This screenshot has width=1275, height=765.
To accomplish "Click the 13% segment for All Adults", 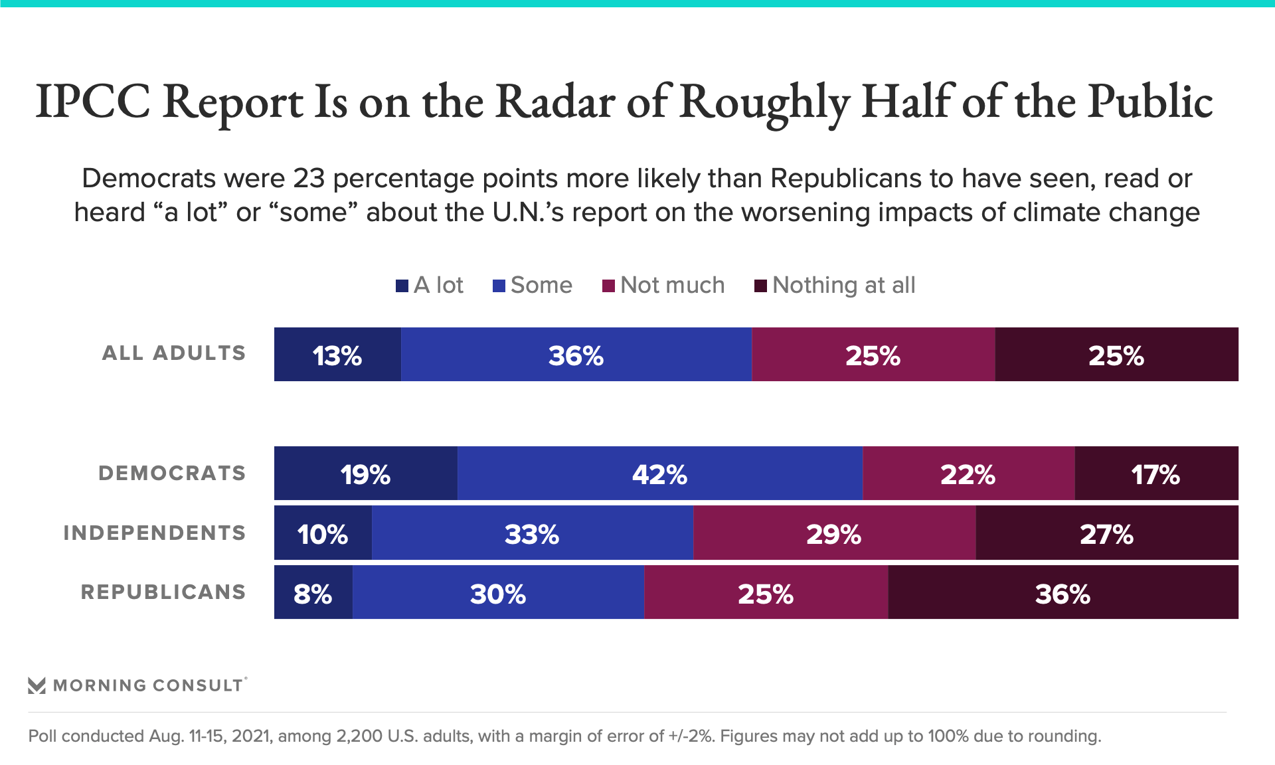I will click(337, 355).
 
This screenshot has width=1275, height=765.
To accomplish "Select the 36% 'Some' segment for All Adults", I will click(576, 355).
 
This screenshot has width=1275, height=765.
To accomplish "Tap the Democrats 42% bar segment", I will click(659, 473).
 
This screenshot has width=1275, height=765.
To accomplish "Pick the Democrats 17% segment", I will click(1156, 473).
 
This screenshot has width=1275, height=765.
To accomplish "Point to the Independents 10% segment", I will click(323, 533).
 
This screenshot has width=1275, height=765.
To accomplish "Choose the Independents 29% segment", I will click(834, 533).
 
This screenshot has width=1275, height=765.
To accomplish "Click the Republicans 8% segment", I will click(313, 592).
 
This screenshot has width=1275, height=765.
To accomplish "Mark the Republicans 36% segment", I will click(1062, 592).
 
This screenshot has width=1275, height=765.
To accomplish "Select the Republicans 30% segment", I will click(498, 592).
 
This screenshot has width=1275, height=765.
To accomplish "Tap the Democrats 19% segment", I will click(365, 473).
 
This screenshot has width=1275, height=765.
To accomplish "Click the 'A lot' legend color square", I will click(402, 286).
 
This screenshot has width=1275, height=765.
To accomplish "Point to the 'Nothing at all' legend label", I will click(843, 286).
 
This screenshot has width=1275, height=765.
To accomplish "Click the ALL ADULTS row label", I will click(174, 353).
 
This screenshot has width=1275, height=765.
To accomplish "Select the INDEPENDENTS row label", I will click(155, 533).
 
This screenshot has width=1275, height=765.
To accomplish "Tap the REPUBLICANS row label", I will click(163, 592).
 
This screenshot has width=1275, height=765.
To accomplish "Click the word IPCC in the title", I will click(93, 102).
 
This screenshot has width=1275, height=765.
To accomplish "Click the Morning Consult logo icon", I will click(37, 685).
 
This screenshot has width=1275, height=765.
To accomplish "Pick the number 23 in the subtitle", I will click(308, 179).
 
